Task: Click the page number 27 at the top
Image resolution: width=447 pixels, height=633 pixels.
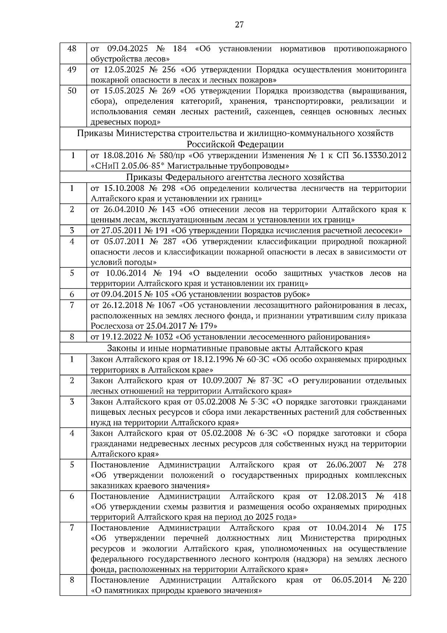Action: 239,25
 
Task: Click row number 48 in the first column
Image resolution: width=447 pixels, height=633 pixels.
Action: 72,49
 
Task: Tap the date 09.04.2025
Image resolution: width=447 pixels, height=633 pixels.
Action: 128,49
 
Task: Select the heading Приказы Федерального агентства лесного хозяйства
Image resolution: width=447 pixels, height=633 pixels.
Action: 235,177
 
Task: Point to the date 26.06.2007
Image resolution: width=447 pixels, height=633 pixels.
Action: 346,465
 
